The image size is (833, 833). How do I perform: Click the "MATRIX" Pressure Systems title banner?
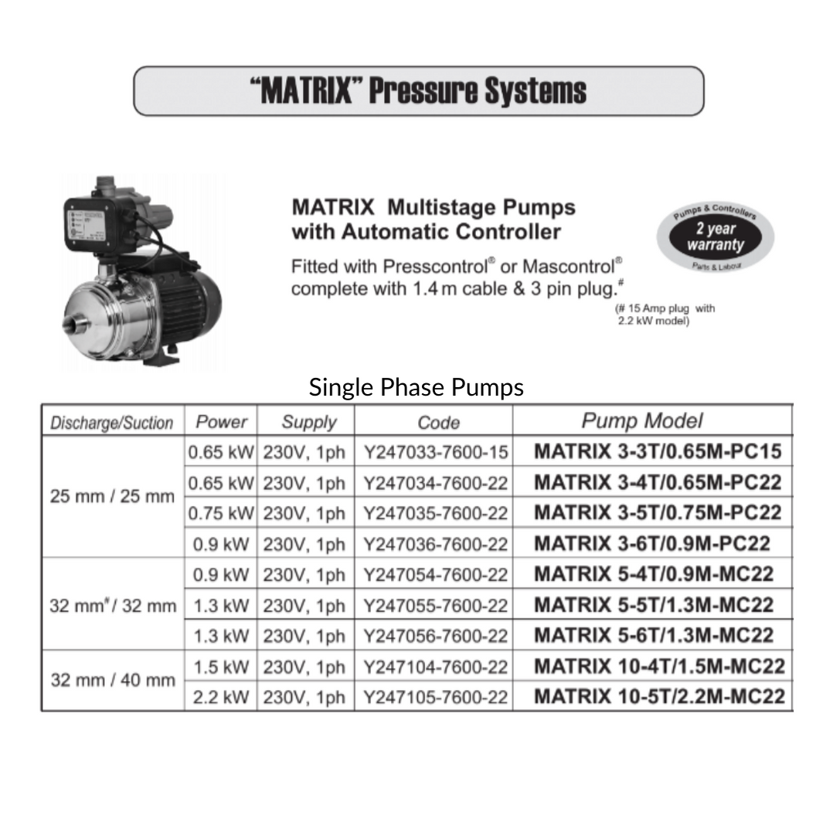[418, 91]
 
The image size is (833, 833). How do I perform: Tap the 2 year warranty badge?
[715, 237]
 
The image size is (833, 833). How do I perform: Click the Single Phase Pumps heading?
[416, 387]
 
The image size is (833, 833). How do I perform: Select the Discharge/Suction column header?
[112, 423]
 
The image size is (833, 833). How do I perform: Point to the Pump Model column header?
[642, 421]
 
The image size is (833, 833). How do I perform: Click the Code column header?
[438, 423]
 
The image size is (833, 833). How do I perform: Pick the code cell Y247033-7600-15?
[435, 452]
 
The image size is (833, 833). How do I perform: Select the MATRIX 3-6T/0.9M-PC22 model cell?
[651, 543]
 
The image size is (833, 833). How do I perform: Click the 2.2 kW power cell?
[221, 696]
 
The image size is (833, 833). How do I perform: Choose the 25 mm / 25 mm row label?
[112, 496]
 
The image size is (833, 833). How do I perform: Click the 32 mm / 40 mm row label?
[113, 681]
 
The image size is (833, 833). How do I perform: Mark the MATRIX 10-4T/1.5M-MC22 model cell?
[659, 666]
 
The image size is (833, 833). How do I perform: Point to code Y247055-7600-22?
[435, 605]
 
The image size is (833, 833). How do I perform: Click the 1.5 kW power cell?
[221, 666]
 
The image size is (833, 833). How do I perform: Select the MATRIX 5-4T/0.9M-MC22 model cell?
[653, 574]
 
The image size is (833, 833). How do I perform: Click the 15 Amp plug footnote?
[665, 314]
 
